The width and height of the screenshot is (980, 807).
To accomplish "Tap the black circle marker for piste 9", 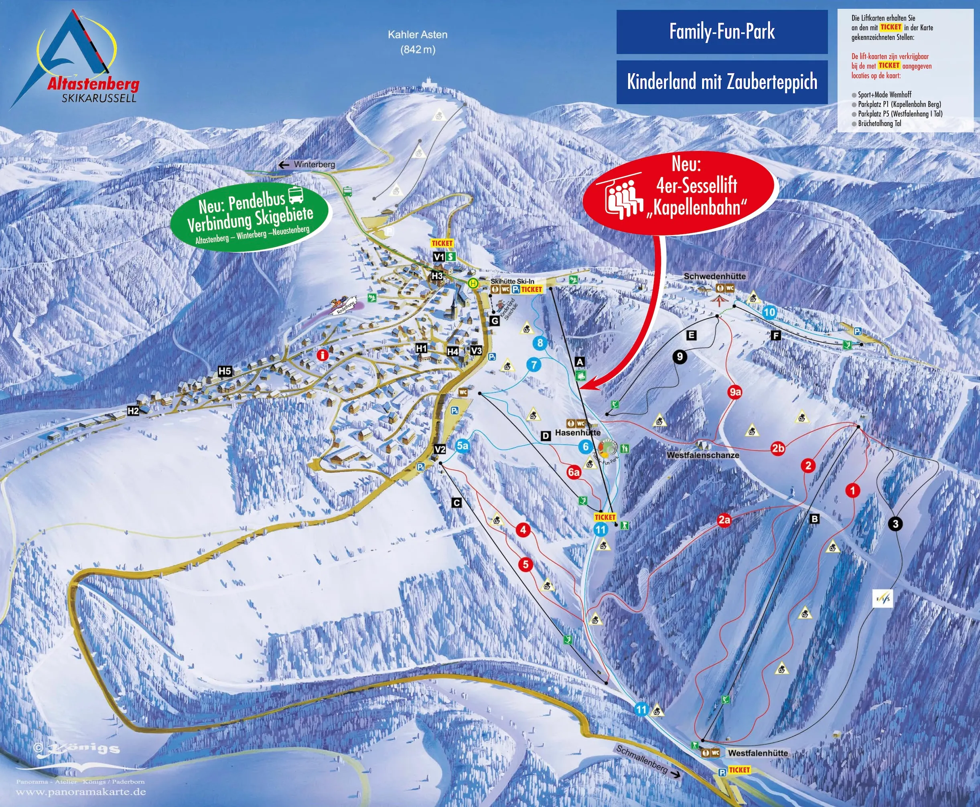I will tap(680, 357).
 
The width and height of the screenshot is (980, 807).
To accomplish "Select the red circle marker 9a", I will tap(734, 392).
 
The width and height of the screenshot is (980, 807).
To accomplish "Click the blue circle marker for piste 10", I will tap(769, 312).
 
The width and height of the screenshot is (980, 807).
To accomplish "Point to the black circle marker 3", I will tap(895, 524).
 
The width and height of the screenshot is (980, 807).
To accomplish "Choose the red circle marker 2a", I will tap(724, 520).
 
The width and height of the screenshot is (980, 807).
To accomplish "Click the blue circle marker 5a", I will tap(462, 446).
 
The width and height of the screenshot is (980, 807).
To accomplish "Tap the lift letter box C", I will tap(457, 503).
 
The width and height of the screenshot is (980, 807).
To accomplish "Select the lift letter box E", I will tap(691, 335).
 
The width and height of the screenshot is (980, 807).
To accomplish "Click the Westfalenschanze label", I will tap(702, 455).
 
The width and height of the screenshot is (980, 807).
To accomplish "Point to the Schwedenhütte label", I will tap(714, 276).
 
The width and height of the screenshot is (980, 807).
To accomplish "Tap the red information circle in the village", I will tap(322, 355).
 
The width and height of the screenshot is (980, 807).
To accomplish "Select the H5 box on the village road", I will tap(225, 371).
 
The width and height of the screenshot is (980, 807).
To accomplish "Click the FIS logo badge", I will tap(883, 599).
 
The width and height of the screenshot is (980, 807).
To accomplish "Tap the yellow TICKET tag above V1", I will tap(442, 243).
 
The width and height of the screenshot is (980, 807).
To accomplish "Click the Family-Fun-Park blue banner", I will tap(722, 32).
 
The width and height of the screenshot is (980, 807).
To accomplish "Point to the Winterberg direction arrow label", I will tap(307, 164).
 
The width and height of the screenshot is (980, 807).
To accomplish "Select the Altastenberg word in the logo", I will tap(93, 84).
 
